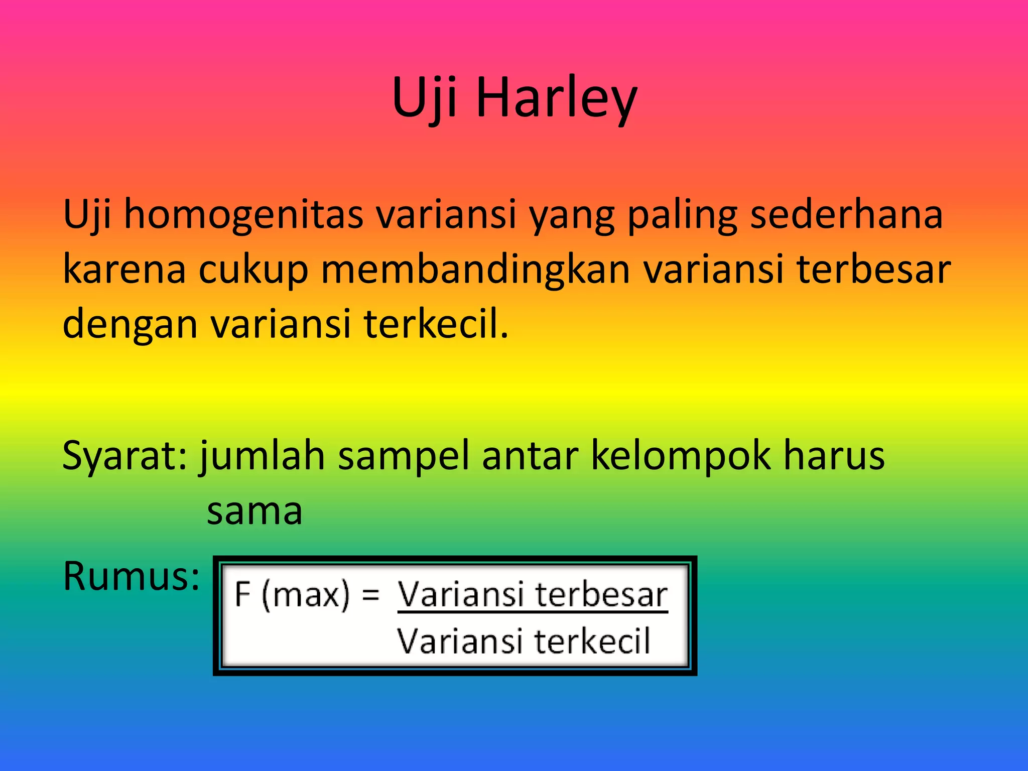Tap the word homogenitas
[243, 215]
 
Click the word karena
[124, 270]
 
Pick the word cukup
[253, 270]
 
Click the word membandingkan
[475, 270]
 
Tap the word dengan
[130, 324]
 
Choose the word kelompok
[681, 456]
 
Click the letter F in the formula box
[243, 595]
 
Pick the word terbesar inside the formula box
[601, 595]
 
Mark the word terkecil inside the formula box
[592, 641]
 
